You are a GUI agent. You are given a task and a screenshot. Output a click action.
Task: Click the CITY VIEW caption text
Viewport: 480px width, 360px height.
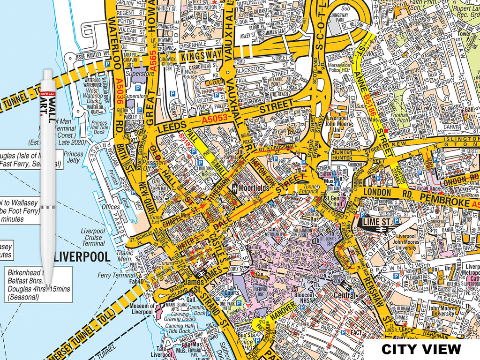(421, 349)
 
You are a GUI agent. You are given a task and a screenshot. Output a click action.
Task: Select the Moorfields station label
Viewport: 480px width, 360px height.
(253, 188)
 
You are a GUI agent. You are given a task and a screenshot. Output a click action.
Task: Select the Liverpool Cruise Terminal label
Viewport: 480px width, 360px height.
(93, 237)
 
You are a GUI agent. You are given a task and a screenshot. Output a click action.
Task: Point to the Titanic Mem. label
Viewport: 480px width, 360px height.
(125, 255)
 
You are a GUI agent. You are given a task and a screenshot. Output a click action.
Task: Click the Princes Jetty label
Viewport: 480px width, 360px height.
(73, 157)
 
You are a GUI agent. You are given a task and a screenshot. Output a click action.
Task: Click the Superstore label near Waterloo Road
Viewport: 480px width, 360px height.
(139, 74)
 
